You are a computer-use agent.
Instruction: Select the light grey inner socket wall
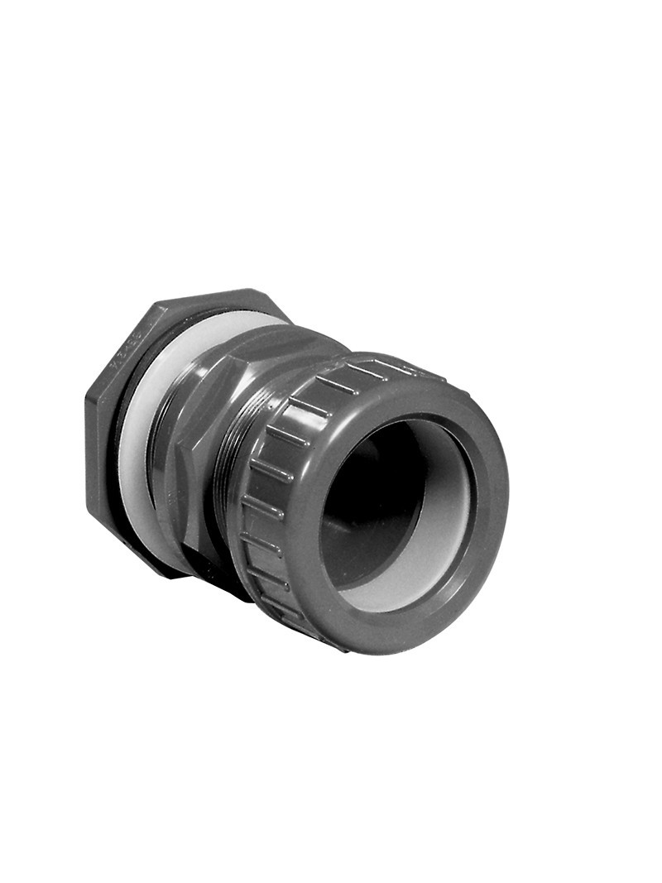click(x=451, y=513)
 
